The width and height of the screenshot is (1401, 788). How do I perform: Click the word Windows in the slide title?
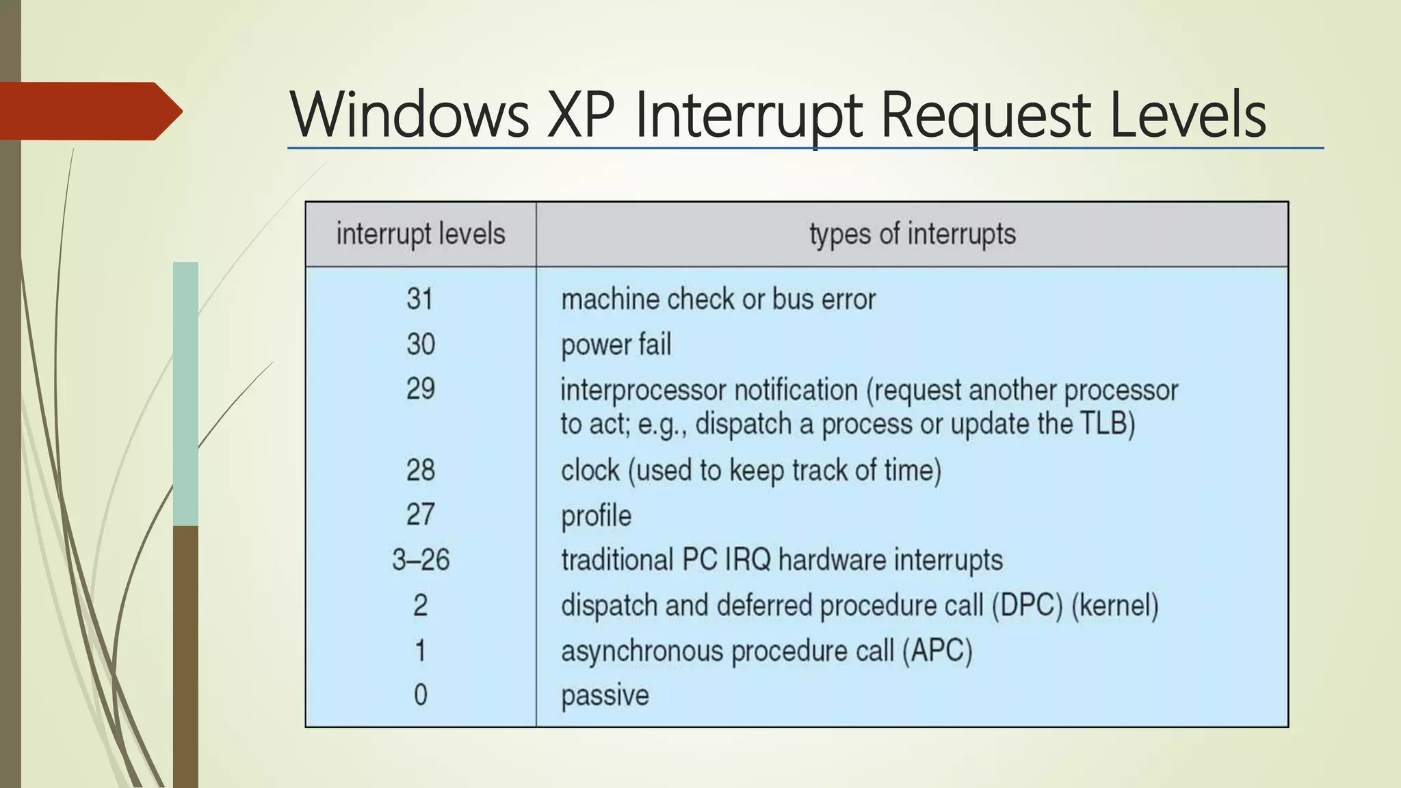409,115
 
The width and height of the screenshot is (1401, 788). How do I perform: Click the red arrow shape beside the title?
89,111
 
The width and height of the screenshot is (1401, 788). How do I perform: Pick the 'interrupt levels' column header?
420,235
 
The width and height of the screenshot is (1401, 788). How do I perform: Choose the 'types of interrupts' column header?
912,235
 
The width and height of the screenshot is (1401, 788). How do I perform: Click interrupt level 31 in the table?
420,299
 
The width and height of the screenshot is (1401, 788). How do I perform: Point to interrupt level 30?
420,344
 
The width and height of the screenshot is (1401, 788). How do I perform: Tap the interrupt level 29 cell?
420,389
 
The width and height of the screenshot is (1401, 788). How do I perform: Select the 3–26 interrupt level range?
420,560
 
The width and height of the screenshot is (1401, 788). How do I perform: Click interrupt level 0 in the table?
420,695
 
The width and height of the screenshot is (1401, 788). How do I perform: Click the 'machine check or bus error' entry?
718,300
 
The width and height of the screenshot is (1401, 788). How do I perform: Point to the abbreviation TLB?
1103,423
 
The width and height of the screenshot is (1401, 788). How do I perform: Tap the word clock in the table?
590,471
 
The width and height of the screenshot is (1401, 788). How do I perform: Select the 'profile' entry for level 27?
596,516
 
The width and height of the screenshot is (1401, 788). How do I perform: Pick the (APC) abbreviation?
937,651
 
